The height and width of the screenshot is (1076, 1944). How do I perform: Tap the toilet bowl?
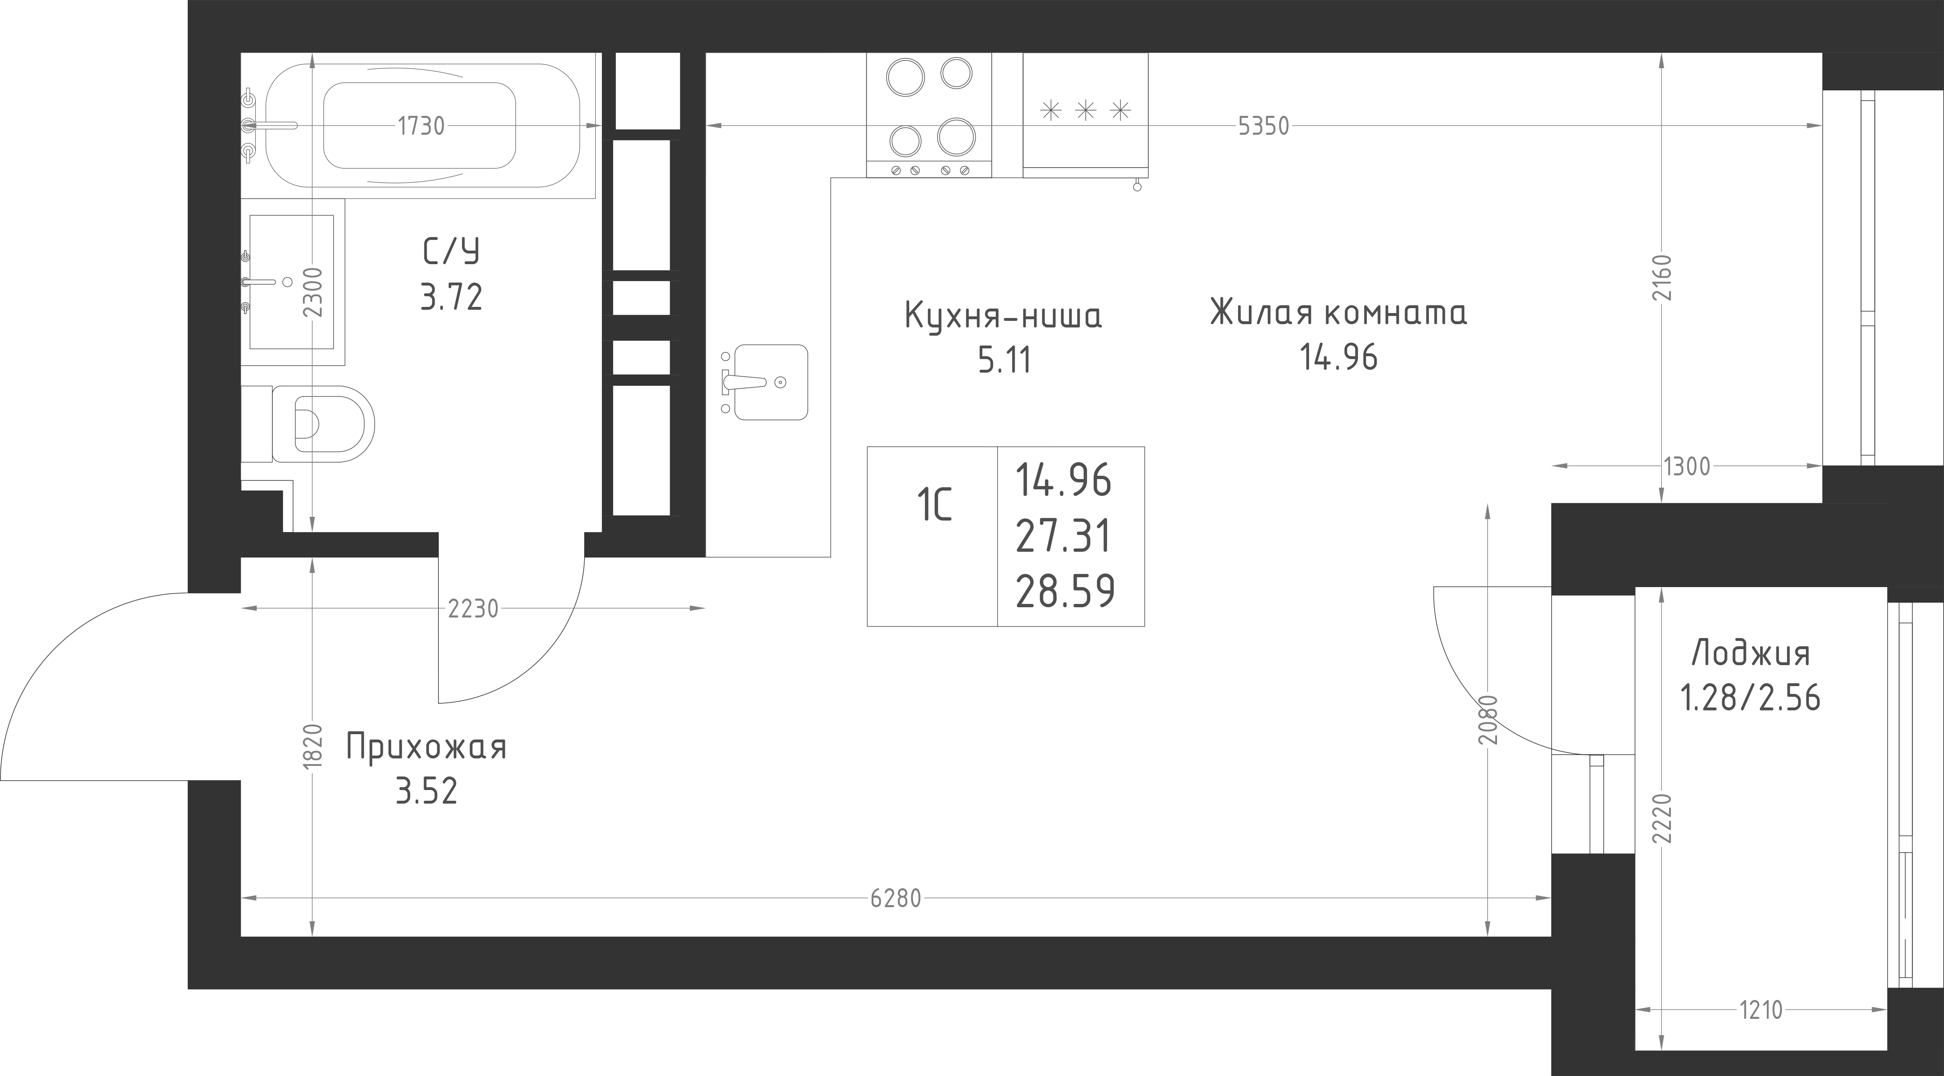[x=323, y=424]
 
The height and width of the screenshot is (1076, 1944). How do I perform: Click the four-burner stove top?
[x=929, y=115]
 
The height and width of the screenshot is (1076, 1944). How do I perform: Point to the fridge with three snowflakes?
[x=1086, y=115]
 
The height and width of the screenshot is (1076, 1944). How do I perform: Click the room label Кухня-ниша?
[x=1003, y=316]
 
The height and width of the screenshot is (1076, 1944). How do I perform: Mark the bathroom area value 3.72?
[x=451, y=297]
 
